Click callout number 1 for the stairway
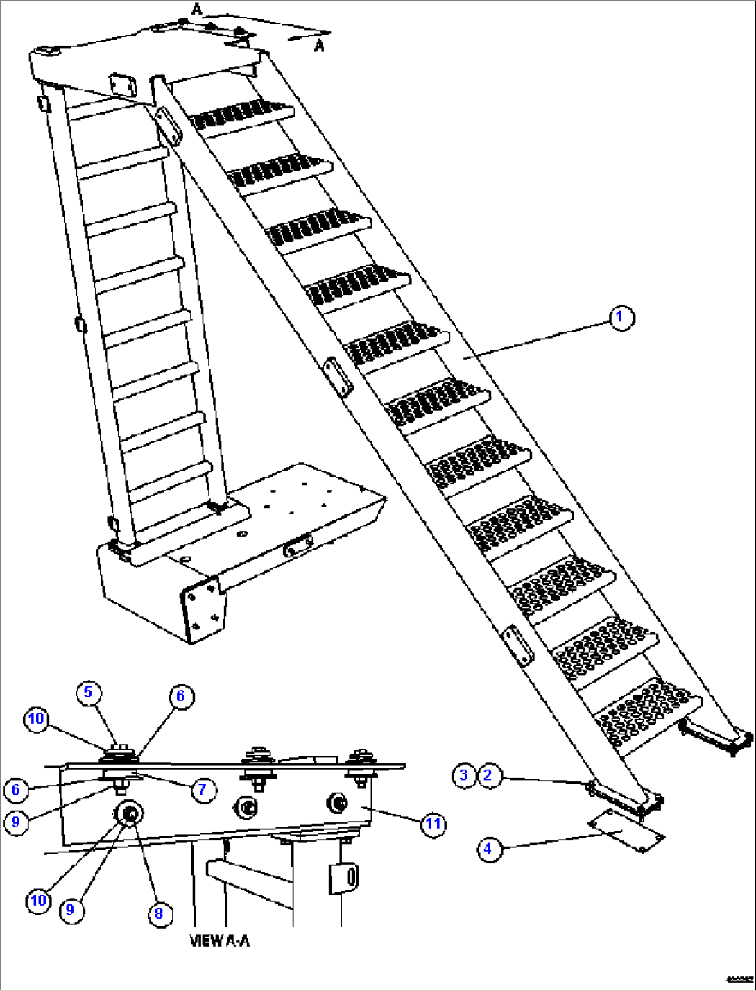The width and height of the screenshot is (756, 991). tap(621, 319)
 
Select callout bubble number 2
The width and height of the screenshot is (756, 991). tap(488, 775)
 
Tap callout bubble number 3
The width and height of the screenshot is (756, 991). tap(464, 775)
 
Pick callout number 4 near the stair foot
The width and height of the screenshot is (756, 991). tap(488, 848)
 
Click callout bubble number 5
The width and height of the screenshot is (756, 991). tap(88, 692)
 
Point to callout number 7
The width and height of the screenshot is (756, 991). tap(203, 789)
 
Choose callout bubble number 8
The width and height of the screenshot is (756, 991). tap(159, 913)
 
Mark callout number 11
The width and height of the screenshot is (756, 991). tap(433, 824)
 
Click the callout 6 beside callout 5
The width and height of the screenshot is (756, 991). tap(180, 696)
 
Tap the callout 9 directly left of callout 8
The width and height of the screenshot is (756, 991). tap(69, 909)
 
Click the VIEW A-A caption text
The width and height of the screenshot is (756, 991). tap(220, 941)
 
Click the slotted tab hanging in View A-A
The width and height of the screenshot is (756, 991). tap(343, 879)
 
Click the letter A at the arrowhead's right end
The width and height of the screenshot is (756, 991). tap(319, 46)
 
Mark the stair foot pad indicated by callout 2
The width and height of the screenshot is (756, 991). tap(624, 797)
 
